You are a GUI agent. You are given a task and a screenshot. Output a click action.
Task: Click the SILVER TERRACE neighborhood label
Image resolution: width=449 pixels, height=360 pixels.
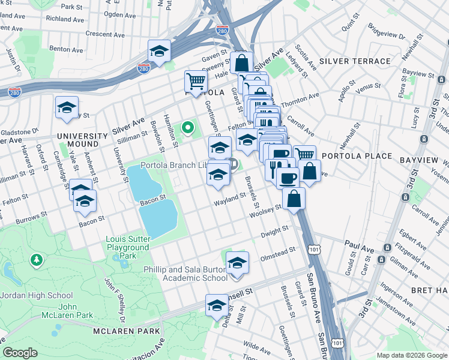pyautogui.click(x=355, y=61)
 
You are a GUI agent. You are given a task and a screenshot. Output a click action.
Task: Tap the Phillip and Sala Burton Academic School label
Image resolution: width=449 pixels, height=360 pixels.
pyautogui.click(x=185, y=274)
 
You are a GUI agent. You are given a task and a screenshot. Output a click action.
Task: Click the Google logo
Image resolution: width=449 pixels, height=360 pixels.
pyautogui.click(x=20, y=353)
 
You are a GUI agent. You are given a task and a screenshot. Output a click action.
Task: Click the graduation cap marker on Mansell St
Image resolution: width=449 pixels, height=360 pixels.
pyautogui.click(x=217, y=305)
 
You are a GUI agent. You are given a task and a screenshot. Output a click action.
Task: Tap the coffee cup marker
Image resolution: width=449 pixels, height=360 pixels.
pyautogui.click(x=288, y=178)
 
